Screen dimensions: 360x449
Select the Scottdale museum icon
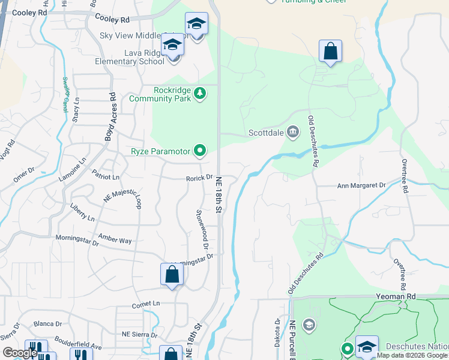point(292,132)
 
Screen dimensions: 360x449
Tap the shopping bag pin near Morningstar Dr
point(172,275)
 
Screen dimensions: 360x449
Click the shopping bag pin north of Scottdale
point(330,52)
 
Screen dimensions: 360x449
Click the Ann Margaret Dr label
point(361,186)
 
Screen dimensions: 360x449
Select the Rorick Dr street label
point(199,178)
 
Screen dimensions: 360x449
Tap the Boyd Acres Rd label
point(110,116)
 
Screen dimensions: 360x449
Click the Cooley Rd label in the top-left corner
point(25,13)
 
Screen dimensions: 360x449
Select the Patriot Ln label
point(106,177)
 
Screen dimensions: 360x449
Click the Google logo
point(20,353)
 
